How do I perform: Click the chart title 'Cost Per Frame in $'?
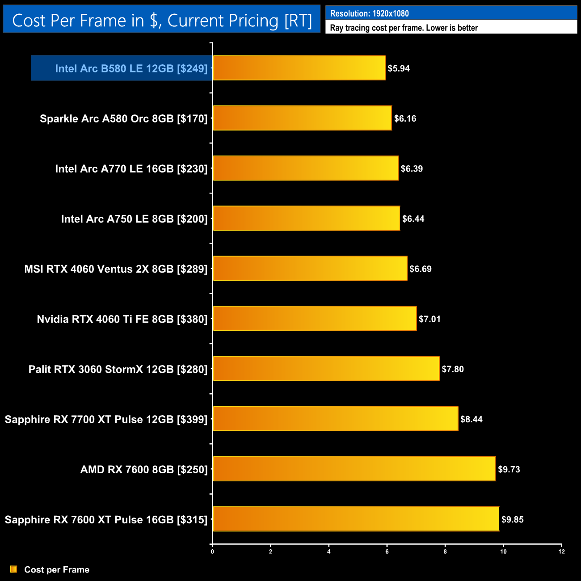coord(162,21)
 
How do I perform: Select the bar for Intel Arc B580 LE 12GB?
coord(299,68)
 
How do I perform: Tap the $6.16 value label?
coord(405,118)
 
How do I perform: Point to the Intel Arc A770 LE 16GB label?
coord(131,168)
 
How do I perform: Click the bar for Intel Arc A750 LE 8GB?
coord(306,218)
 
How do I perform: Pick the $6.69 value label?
coord(421,269)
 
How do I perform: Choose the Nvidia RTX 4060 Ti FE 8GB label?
coord(122,319)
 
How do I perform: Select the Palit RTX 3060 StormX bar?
coord(326,369)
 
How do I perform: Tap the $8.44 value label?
coord(472,419)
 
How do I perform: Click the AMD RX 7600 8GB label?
coord(144,469)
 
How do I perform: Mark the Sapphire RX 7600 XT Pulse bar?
coord(356,519)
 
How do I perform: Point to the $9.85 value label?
coord(512,519)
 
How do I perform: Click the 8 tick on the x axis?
coord(445,552)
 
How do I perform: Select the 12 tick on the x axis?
coord(561,552)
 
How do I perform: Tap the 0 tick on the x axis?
coord(212,552)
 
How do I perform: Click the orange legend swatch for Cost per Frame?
coord(13,569)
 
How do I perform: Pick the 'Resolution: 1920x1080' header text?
coord(369,13)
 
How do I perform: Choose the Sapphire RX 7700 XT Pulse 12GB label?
coord(106,419)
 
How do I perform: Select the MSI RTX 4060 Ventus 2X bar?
coord(310,268)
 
